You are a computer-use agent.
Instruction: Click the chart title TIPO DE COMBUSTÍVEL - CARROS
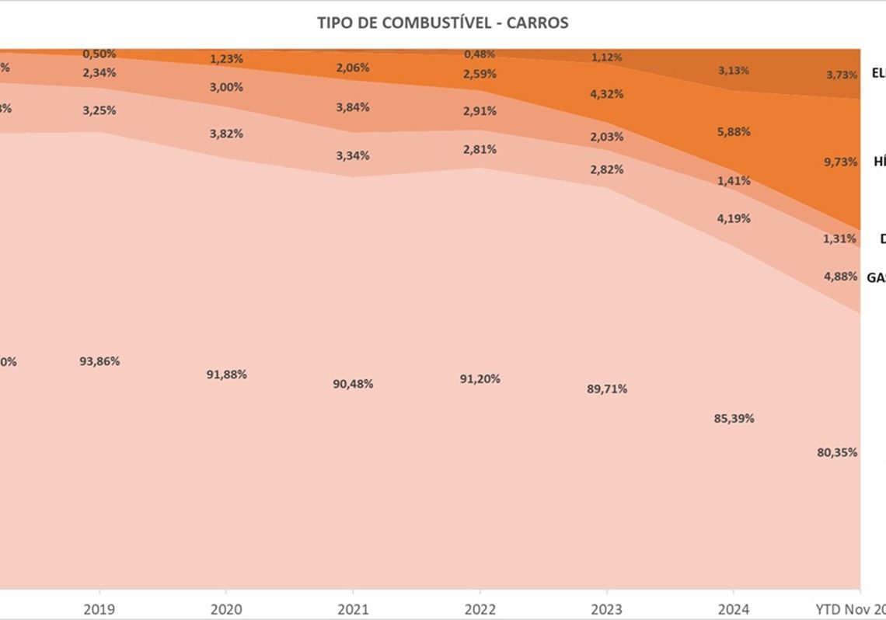click(442, 23)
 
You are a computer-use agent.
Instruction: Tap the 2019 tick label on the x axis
click(99, 608)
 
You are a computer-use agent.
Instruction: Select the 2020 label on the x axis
click(225, 608)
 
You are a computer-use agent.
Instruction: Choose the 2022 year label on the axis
click(480, 608)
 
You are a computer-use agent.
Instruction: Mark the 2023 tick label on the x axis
click(606, 608)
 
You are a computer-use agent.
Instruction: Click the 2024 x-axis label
click(733, 608)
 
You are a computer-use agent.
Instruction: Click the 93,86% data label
click(99, 361)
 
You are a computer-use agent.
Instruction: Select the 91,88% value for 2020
click(226, 374)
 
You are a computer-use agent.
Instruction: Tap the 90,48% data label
click(353, 384)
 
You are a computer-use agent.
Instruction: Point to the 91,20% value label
click(480, 379)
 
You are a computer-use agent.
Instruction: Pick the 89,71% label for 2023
click(607, 388)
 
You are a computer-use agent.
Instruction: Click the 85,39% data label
click(734, 418)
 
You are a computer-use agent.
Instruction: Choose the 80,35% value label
click(837, 452)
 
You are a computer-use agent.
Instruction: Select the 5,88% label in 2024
click(734, 131)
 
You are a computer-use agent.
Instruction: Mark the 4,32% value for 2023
click(607, 94)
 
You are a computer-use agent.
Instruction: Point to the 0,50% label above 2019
click(99, 54)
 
